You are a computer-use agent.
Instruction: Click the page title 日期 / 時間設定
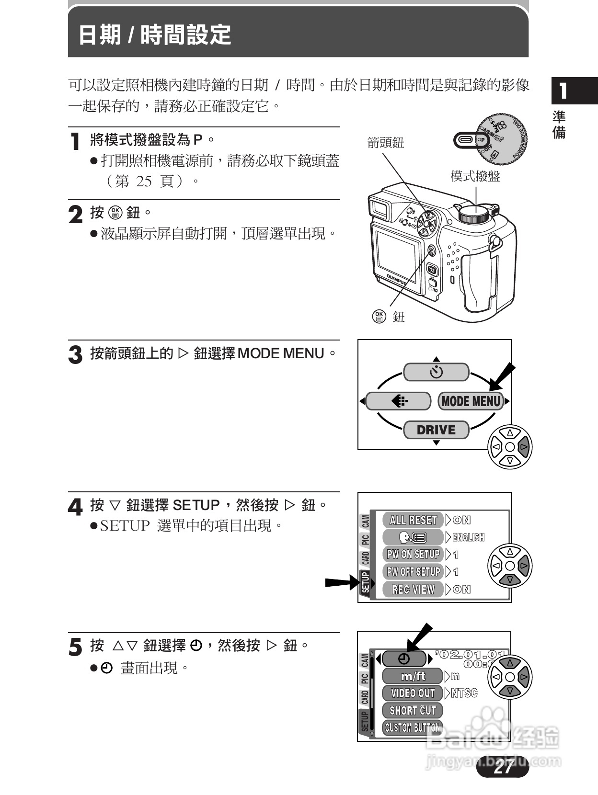(154, 35)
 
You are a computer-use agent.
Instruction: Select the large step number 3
(75, 355)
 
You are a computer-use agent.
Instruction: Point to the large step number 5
(75, 647)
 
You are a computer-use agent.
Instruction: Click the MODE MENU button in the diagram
(471, 401)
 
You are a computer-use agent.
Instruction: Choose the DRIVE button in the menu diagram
(436, 430)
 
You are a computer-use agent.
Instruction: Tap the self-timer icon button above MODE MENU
(436, 372)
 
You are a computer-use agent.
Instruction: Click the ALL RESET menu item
(413, 520)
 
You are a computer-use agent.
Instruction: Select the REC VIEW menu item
(413, 590)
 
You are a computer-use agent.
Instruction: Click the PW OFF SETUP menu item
(413, 572)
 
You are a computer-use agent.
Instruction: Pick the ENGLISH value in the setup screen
(468, 537)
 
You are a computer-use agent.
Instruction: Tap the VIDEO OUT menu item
(413, 693)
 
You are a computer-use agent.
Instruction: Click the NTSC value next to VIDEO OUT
(464, 693)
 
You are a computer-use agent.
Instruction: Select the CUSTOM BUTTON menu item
(412, 728)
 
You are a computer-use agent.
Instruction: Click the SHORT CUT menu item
(413, 711)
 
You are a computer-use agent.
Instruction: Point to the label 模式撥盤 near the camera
(475, 177)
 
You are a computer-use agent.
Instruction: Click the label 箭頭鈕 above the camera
(385, 143)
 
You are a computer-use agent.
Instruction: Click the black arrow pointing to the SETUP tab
(341, 583)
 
